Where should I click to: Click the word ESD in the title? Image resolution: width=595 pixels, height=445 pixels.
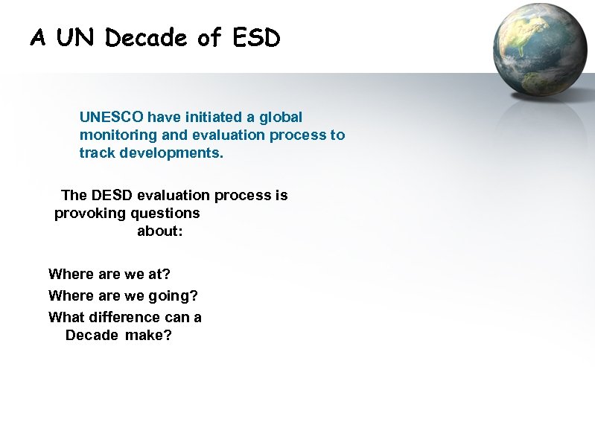pos(256,38)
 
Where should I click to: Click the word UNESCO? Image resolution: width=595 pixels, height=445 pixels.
pos(112,117)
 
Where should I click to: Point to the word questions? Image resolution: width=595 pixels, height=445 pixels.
pos(165,214)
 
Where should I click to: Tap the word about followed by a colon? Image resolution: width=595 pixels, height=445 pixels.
pos(159,231)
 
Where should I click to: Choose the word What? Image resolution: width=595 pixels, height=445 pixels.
pos(66,318)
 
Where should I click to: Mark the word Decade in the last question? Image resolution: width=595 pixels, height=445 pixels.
pos(92,336)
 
